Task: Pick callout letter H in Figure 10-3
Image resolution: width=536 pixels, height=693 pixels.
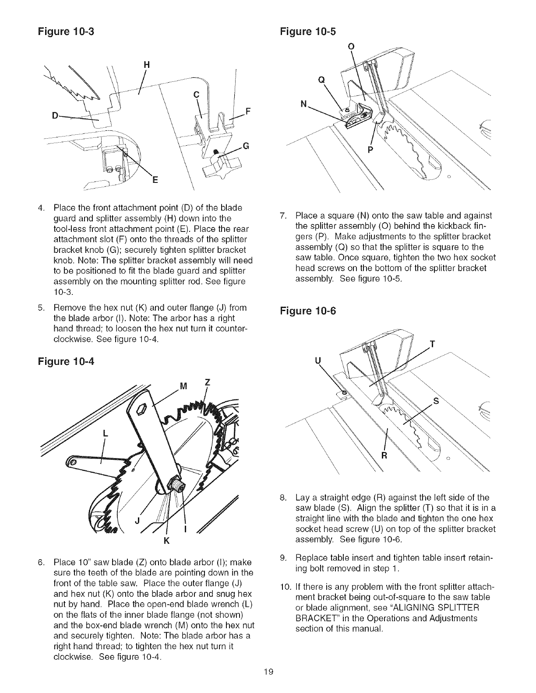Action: [x=147, y=64]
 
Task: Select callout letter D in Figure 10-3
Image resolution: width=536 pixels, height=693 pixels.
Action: [x=56, y=116]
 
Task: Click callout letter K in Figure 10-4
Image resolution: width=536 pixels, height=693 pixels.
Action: [x=166, y=539]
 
